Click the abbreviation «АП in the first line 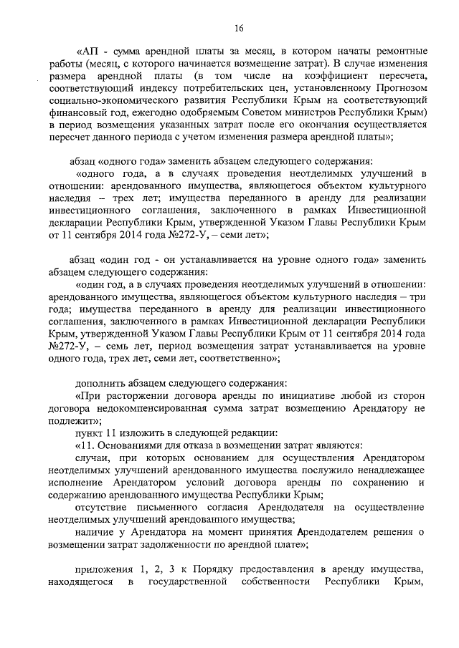(x=89, y=52)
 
